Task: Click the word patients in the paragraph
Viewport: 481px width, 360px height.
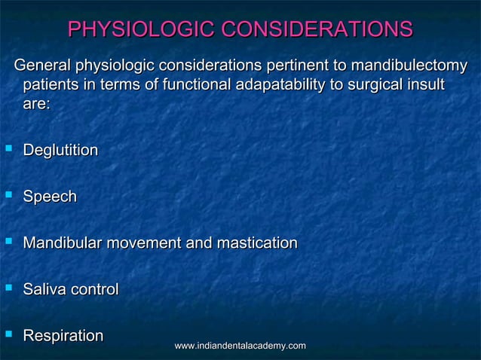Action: [51, 85]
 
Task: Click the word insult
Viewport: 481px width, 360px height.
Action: [423, 85]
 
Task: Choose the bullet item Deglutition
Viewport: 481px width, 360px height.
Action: [60, 151]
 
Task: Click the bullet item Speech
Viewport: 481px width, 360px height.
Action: [50, 197]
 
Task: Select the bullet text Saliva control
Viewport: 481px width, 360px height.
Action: [71, 289]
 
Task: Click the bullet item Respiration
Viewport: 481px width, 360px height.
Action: [63, 336]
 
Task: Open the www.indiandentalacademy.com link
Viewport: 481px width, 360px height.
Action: [240, 345]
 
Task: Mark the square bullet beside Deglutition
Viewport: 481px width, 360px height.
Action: [8, 150]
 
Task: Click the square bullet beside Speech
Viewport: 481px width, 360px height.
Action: [8, 196]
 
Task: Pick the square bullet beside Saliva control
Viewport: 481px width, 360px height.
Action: [8, 288]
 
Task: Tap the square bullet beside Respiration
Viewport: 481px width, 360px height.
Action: [8, 334]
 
